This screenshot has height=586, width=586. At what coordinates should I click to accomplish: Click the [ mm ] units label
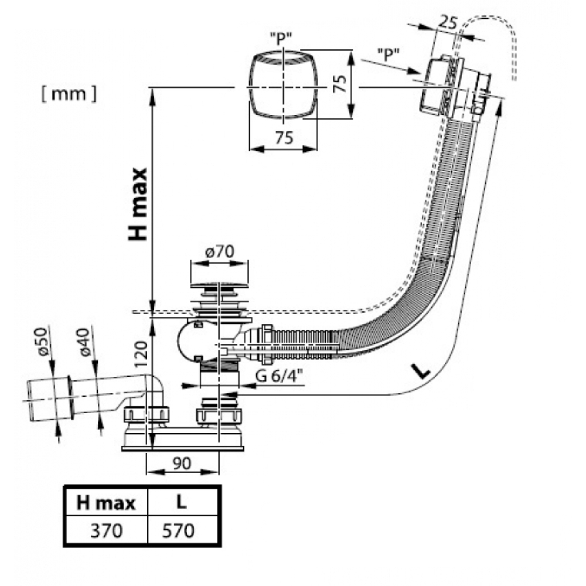point(69,94)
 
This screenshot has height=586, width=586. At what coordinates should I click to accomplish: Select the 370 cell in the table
point(106,530)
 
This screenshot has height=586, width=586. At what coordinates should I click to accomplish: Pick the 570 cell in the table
point(178,530)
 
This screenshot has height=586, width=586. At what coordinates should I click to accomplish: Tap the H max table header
point(105,503)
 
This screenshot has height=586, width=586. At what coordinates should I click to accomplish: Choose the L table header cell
point(181,502)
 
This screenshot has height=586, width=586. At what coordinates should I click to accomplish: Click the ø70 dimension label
point(219,251)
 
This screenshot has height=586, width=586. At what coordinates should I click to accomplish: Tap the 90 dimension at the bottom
point(182,464)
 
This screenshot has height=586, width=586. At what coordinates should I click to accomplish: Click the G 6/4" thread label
point(280,376)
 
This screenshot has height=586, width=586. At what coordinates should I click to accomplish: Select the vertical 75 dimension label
point(340,83)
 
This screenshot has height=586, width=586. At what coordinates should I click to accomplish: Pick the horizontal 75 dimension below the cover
point(284,138)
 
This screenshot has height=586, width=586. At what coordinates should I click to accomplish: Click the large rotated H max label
point(138,205)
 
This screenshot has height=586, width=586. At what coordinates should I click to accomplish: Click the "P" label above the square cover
point(281,38)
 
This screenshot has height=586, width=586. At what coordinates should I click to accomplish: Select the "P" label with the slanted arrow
point(389,55)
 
